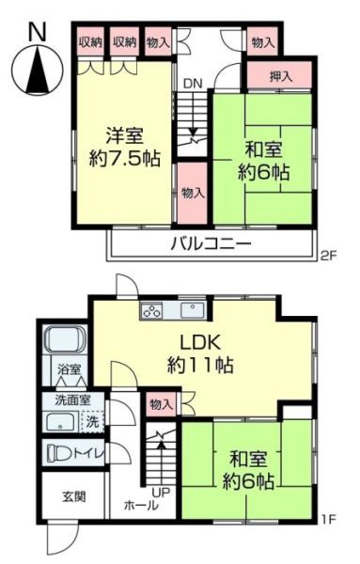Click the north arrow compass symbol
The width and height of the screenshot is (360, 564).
coord(38,70)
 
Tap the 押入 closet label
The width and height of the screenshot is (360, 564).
coord(281,76)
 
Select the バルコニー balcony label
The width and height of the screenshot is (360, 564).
coord(211,244)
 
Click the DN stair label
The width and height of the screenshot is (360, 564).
coord(193,84)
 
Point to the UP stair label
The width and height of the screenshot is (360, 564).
coord(161,493)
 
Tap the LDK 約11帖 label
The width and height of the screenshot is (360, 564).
coord(200,354)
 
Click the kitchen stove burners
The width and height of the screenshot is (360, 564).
coord(151,310)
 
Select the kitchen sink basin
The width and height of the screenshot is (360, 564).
coord(193,310)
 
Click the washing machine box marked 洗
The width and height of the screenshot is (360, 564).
coord(93,421)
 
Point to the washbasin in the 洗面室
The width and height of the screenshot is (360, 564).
coord(61,422)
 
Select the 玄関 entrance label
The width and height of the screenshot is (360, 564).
coord(74,496)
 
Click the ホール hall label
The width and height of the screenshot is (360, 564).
coord(141,505)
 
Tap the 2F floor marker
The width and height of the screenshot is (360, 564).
coord(328,256)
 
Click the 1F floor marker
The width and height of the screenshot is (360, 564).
coord(328,519)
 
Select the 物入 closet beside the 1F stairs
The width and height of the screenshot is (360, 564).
coord(162,404)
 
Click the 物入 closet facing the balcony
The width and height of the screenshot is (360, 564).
coord(193,193)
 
